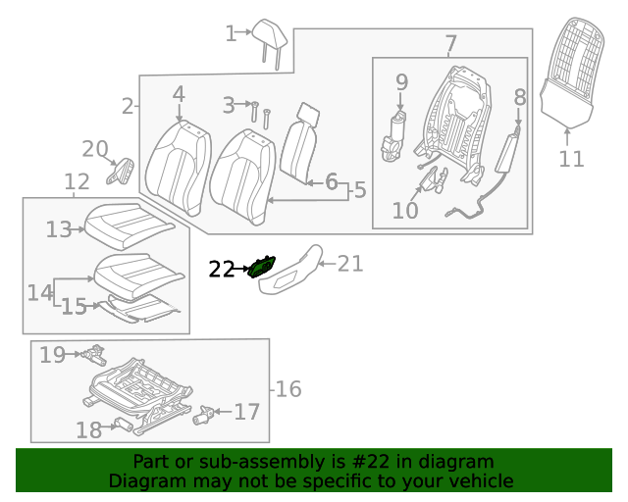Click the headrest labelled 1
269,40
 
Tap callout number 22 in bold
222,269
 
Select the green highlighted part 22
263,265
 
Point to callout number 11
571,158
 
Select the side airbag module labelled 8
508,155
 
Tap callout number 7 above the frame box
450,44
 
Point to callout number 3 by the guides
229,104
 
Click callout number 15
74,307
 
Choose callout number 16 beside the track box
288,389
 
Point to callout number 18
88,429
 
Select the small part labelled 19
93,352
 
